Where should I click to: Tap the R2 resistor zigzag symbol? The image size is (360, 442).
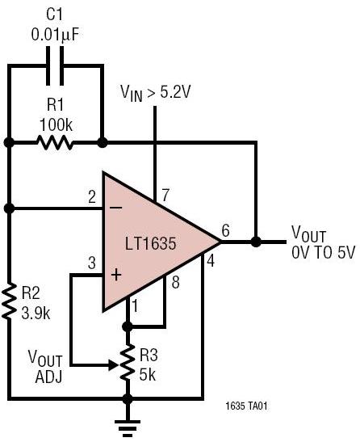9,301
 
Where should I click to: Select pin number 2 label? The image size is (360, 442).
92,196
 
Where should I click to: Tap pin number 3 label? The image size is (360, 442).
92,263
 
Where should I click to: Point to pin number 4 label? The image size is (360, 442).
211,260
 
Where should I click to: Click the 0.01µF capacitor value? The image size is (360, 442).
56,35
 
